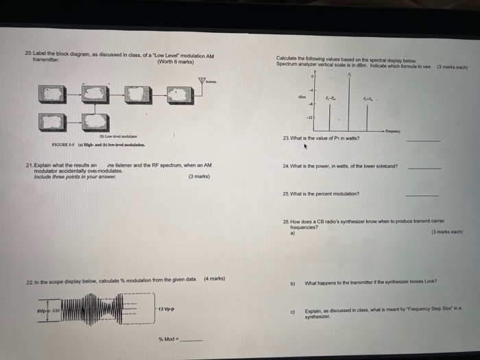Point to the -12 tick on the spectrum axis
click(x=309, y=118)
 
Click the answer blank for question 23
click(x=423, y=141)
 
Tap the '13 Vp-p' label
click(x=166, y=309)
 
